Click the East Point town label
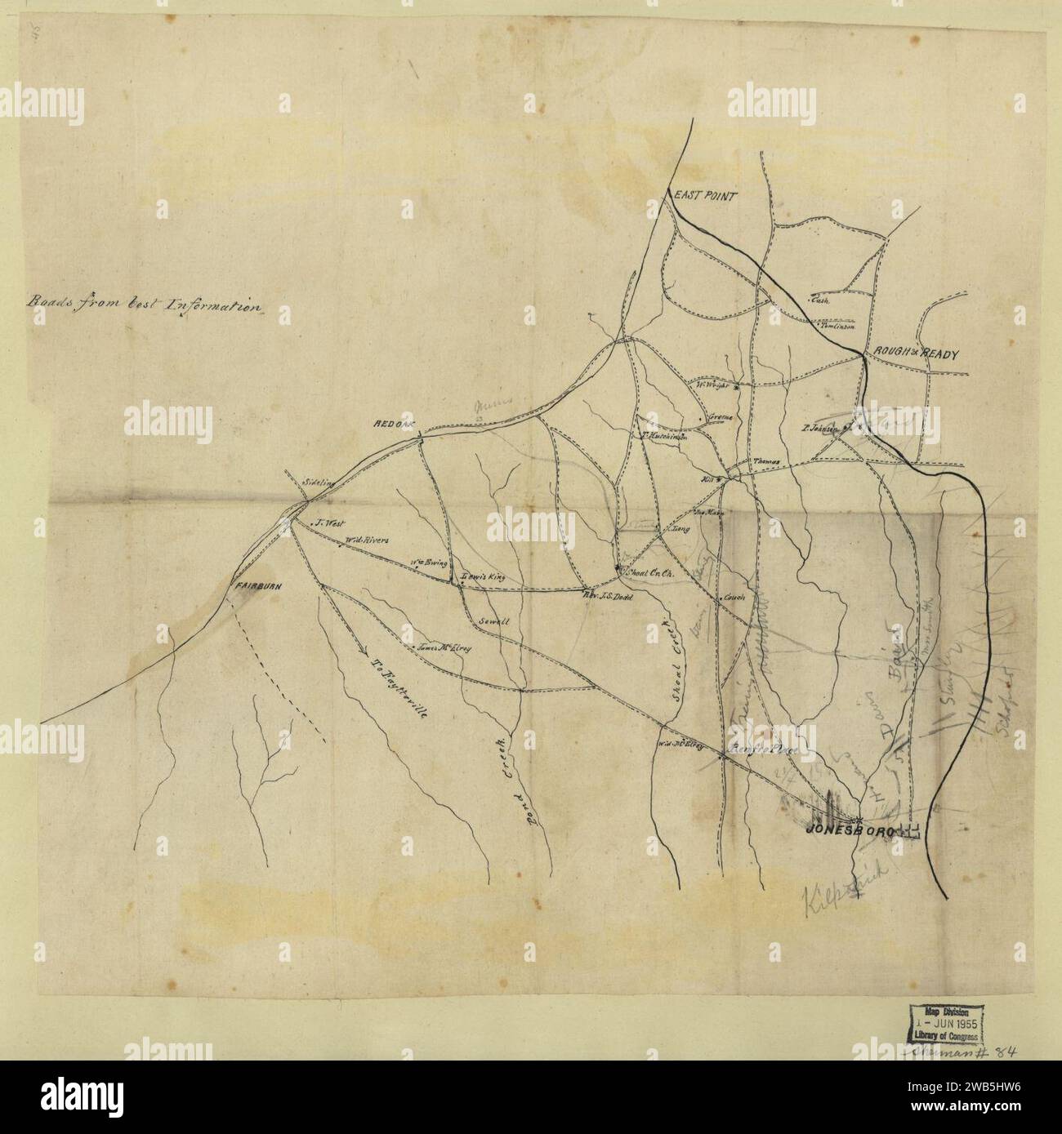704,196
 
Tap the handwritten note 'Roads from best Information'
144,305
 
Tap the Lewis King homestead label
484,576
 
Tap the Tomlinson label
837,326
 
